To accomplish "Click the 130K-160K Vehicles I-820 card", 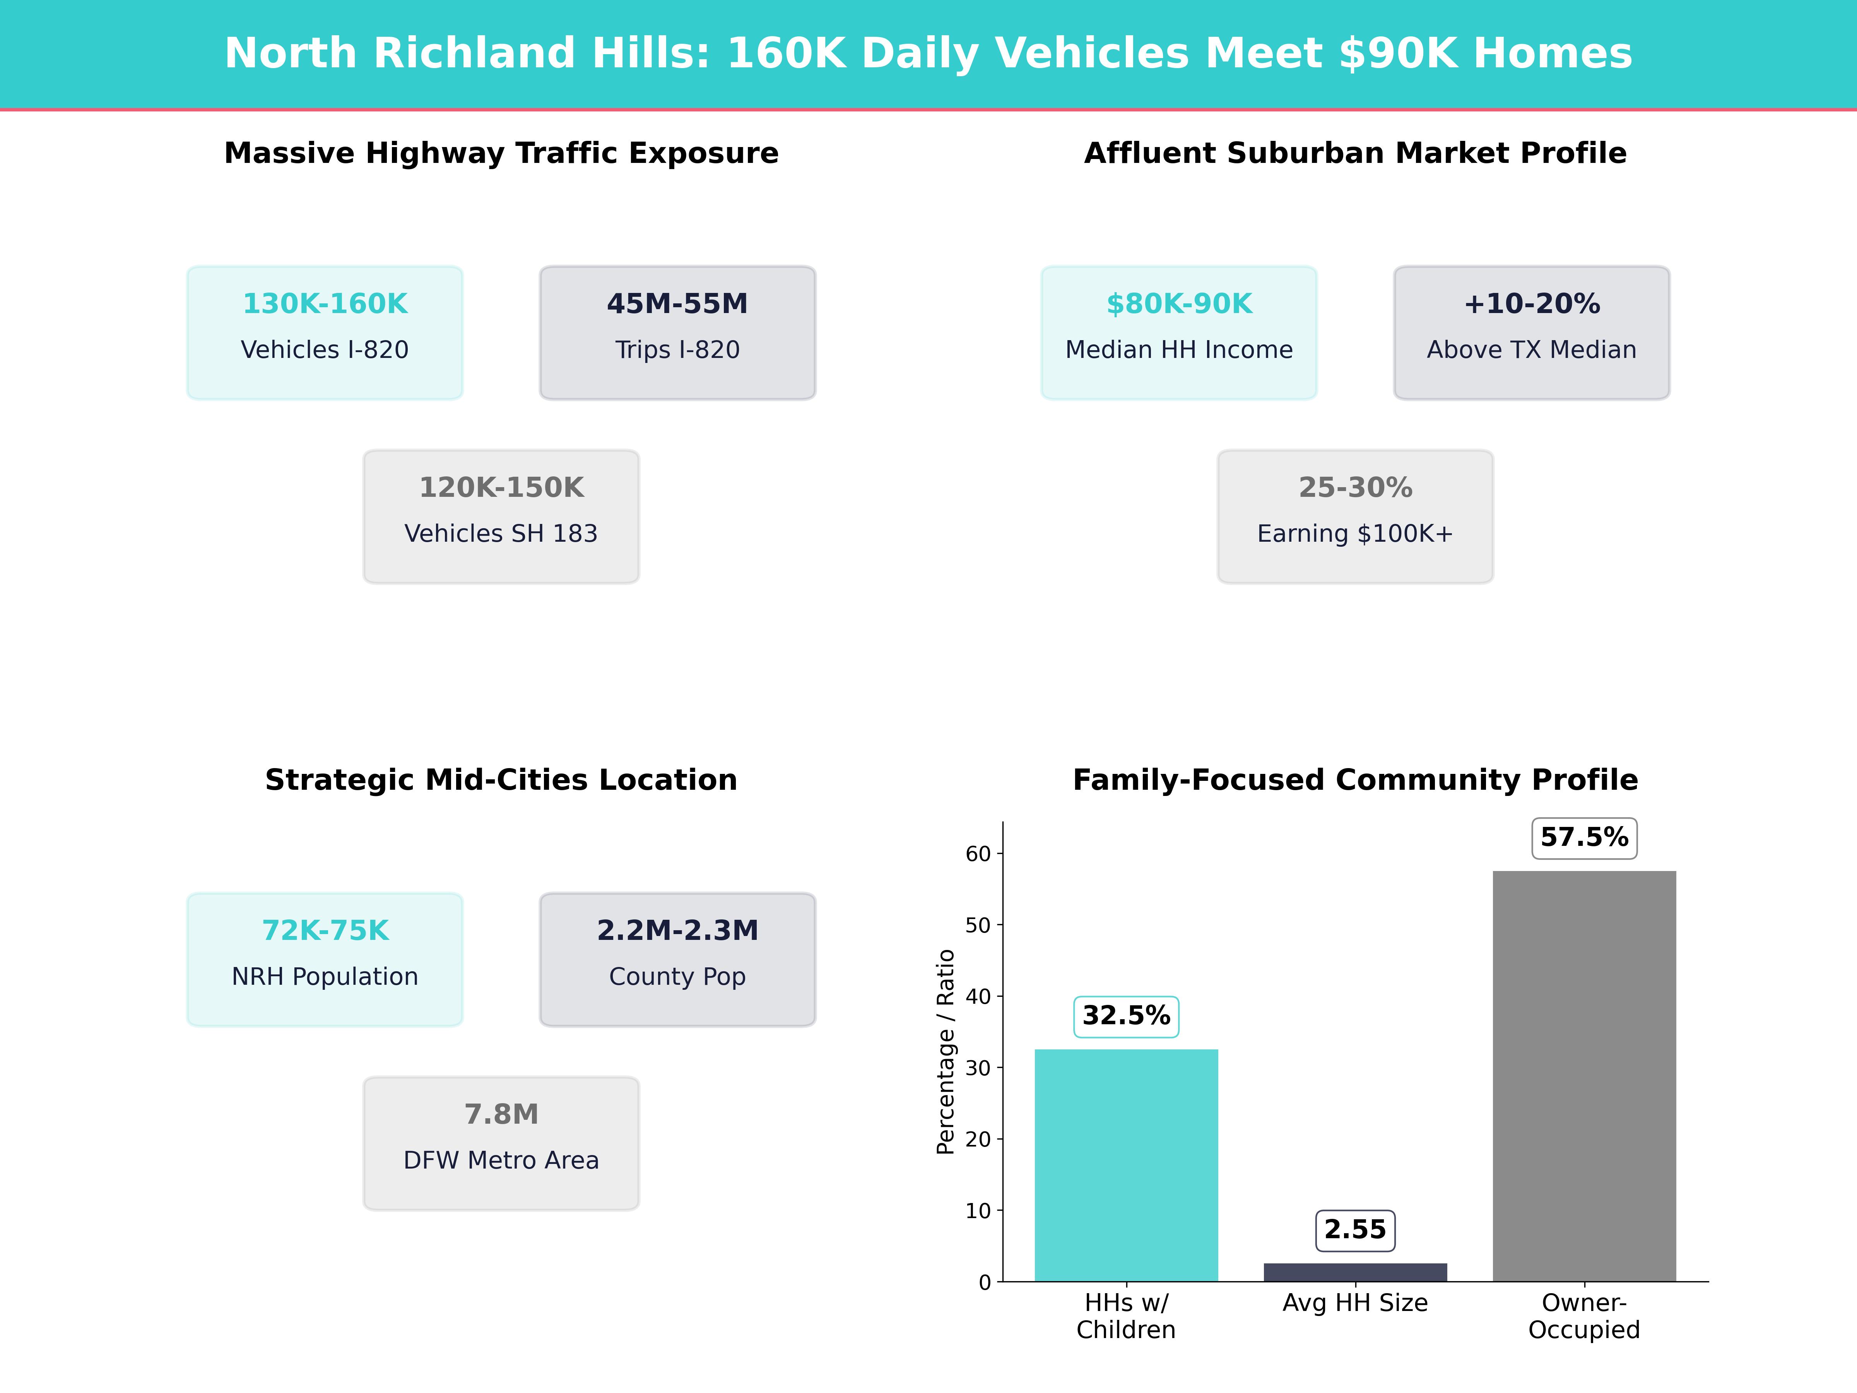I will [x=325, y=332].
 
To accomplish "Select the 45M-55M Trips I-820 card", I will [x=677, y=332].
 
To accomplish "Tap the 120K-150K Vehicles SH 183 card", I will [x=501, y=517].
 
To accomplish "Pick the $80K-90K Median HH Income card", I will [x=1179, y=332].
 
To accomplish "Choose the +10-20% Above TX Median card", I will [x=1531, y=332].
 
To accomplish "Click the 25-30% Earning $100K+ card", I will [x=1355, y=517].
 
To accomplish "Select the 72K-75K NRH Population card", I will [x=325, y=959].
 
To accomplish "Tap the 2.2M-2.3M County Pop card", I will [x=677, y=959].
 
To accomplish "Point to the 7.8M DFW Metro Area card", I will [x=501, y=1143].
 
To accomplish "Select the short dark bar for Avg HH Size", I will [x=1355, y=1272].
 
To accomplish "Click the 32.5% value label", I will [x=1126, y=1016].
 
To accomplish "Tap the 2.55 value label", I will [x=1355, y=1230].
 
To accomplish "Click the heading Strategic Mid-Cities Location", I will [x=501, y=780].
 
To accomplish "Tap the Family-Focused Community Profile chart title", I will [x=1355, y=780].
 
